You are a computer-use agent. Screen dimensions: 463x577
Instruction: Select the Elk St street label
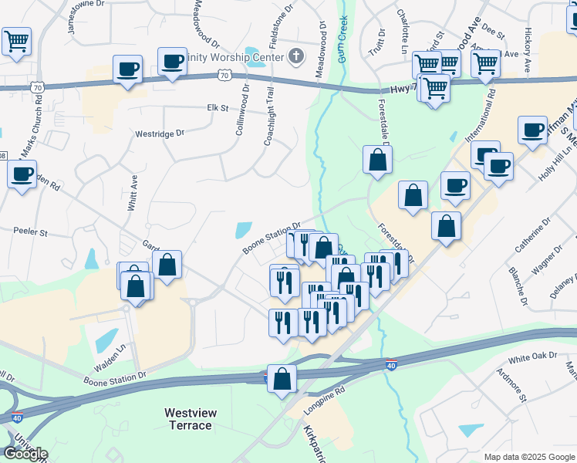(x=218, y=108)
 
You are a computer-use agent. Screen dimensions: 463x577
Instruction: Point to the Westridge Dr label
(x=160, y=133)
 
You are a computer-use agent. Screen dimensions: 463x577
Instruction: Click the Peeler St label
(x=32, y=231)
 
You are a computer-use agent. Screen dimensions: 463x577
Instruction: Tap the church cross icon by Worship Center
(x=294, y=55)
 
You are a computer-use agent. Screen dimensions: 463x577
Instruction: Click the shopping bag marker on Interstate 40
(x=282, y=378)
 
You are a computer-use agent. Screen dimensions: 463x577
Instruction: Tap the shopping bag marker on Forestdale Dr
(x=378, y=160)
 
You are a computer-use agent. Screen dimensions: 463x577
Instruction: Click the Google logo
(x=25, y=454)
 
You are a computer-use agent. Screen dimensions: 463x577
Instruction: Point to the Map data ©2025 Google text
(x=528, y=457)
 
